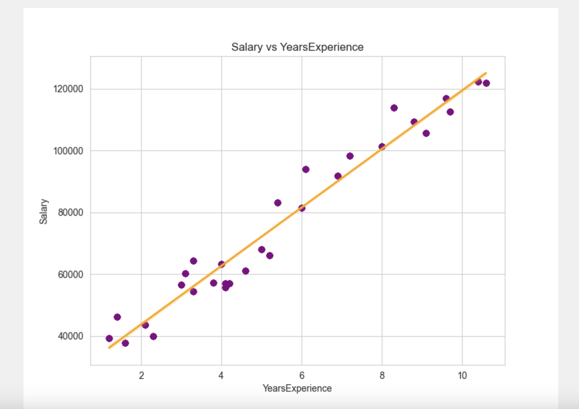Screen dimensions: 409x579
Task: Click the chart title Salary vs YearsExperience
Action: click(x=297, y=47)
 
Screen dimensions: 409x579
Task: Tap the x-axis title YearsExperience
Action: click(x=297, y=388)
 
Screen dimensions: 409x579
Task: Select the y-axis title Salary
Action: click(x=43, y=211)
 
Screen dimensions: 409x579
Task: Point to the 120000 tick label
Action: click(x=68, y=89)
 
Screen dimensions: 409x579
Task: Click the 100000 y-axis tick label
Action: click(x=68, y=151)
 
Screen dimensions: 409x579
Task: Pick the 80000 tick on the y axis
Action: click(x=71, y=213)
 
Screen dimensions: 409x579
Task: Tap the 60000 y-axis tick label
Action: click(x=71, y=274)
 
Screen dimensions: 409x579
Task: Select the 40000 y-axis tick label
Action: click(x=71, y=336)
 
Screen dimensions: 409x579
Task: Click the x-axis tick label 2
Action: click(x=141, y=376)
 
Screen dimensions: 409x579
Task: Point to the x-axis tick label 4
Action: click(x=221, y=376)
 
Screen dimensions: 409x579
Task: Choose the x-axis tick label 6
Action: click(x=302, y=376)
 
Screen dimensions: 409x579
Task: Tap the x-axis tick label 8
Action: click(x=382, y=376)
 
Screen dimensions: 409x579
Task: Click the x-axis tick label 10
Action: click(x=462, y=376)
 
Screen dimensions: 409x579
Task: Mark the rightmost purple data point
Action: click(x=486, y=83)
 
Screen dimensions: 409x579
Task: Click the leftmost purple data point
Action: click(x=109, y=338)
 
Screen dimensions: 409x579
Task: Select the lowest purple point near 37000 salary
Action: click(x=125, y=343)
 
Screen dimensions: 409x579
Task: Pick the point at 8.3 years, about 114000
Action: click(x=394, y=108)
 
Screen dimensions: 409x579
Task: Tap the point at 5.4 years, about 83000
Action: click(x=278, y=203)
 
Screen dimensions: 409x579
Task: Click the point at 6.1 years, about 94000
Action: click(x=306, y=169)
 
